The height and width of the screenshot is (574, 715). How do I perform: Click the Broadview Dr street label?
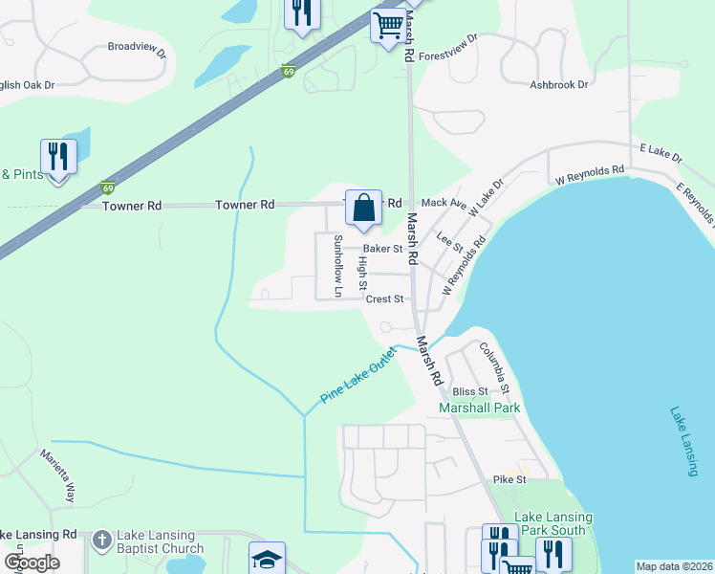[137, 46]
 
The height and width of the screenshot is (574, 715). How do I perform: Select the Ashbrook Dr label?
[559, 85]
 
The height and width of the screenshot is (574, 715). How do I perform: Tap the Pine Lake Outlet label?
[358, 375]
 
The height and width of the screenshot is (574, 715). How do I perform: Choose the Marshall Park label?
[479, 408]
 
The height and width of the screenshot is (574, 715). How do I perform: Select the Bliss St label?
[470, 391]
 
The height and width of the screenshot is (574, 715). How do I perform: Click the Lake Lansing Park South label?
[553, 523]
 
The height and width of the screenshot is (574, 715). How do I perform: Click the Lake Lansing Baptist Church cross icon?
[102, 541]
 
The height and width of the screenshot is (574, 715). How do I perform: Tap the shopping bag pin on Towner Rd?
[363, 207]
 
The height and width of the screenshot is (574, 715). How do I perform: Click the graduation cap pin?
[267, 560]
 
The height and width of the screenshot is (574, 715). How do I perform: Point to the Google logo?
[32, 563]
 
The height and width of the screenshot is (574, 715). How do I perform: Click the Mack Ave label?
[444, 203]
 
